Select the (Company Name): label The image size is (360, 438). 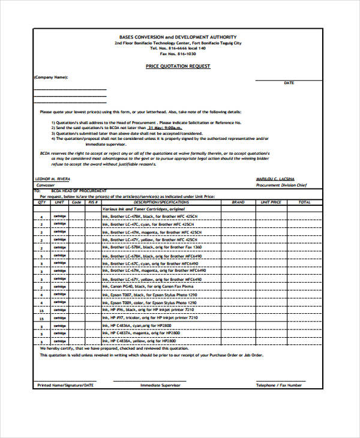pos(51,77)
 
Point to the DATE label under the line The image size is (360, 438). pos(289,83)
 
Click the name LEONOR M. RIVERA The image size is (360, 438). pos(53,179)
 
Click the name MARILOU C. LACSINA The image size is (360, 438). pos(275,179)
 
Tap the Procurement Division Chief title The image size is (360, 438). pos(282,185)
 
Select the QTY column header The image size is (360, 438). pos(41,202)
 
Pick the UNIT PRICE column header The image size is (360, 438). pos(271,202)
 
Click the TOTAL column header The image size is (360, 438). pos(304,202)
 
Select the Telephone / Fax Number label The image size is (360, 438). pos(279,385)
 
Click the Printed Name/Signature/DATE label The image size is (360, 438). pos(65,385)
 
